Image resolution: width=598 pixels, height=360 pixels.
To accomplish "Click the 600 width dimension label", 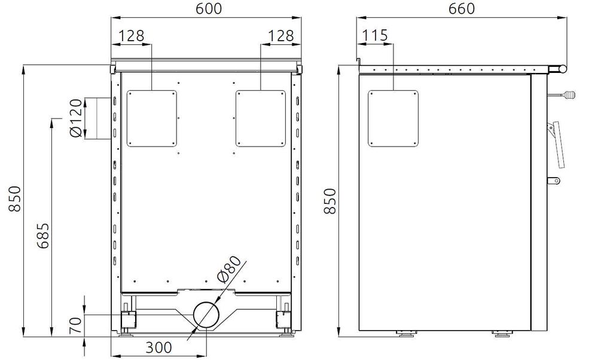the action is (x=209, y=8).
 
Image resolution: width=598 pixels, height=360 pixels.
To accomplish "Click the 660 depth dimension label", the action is (x=462, y=8).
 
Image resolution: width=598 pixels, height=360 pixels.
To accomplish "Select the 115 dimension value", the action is (x=374, y=35).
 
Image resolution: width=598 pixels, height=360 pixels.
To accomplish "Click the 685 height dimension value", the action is (x=42, y=235).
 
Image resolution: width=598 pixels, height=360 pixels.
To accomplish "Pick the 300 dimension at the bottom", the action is (x=158, y=347).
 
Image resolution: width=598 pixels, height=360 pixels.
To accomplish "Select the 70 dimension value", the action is (x=76, y=325).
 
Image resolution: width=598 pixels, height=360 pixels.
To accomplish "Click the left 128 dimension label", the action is (x=131, y=36).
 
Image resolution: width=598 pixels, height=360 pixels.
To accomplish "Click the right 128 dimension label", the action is (x=280, y=36).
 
